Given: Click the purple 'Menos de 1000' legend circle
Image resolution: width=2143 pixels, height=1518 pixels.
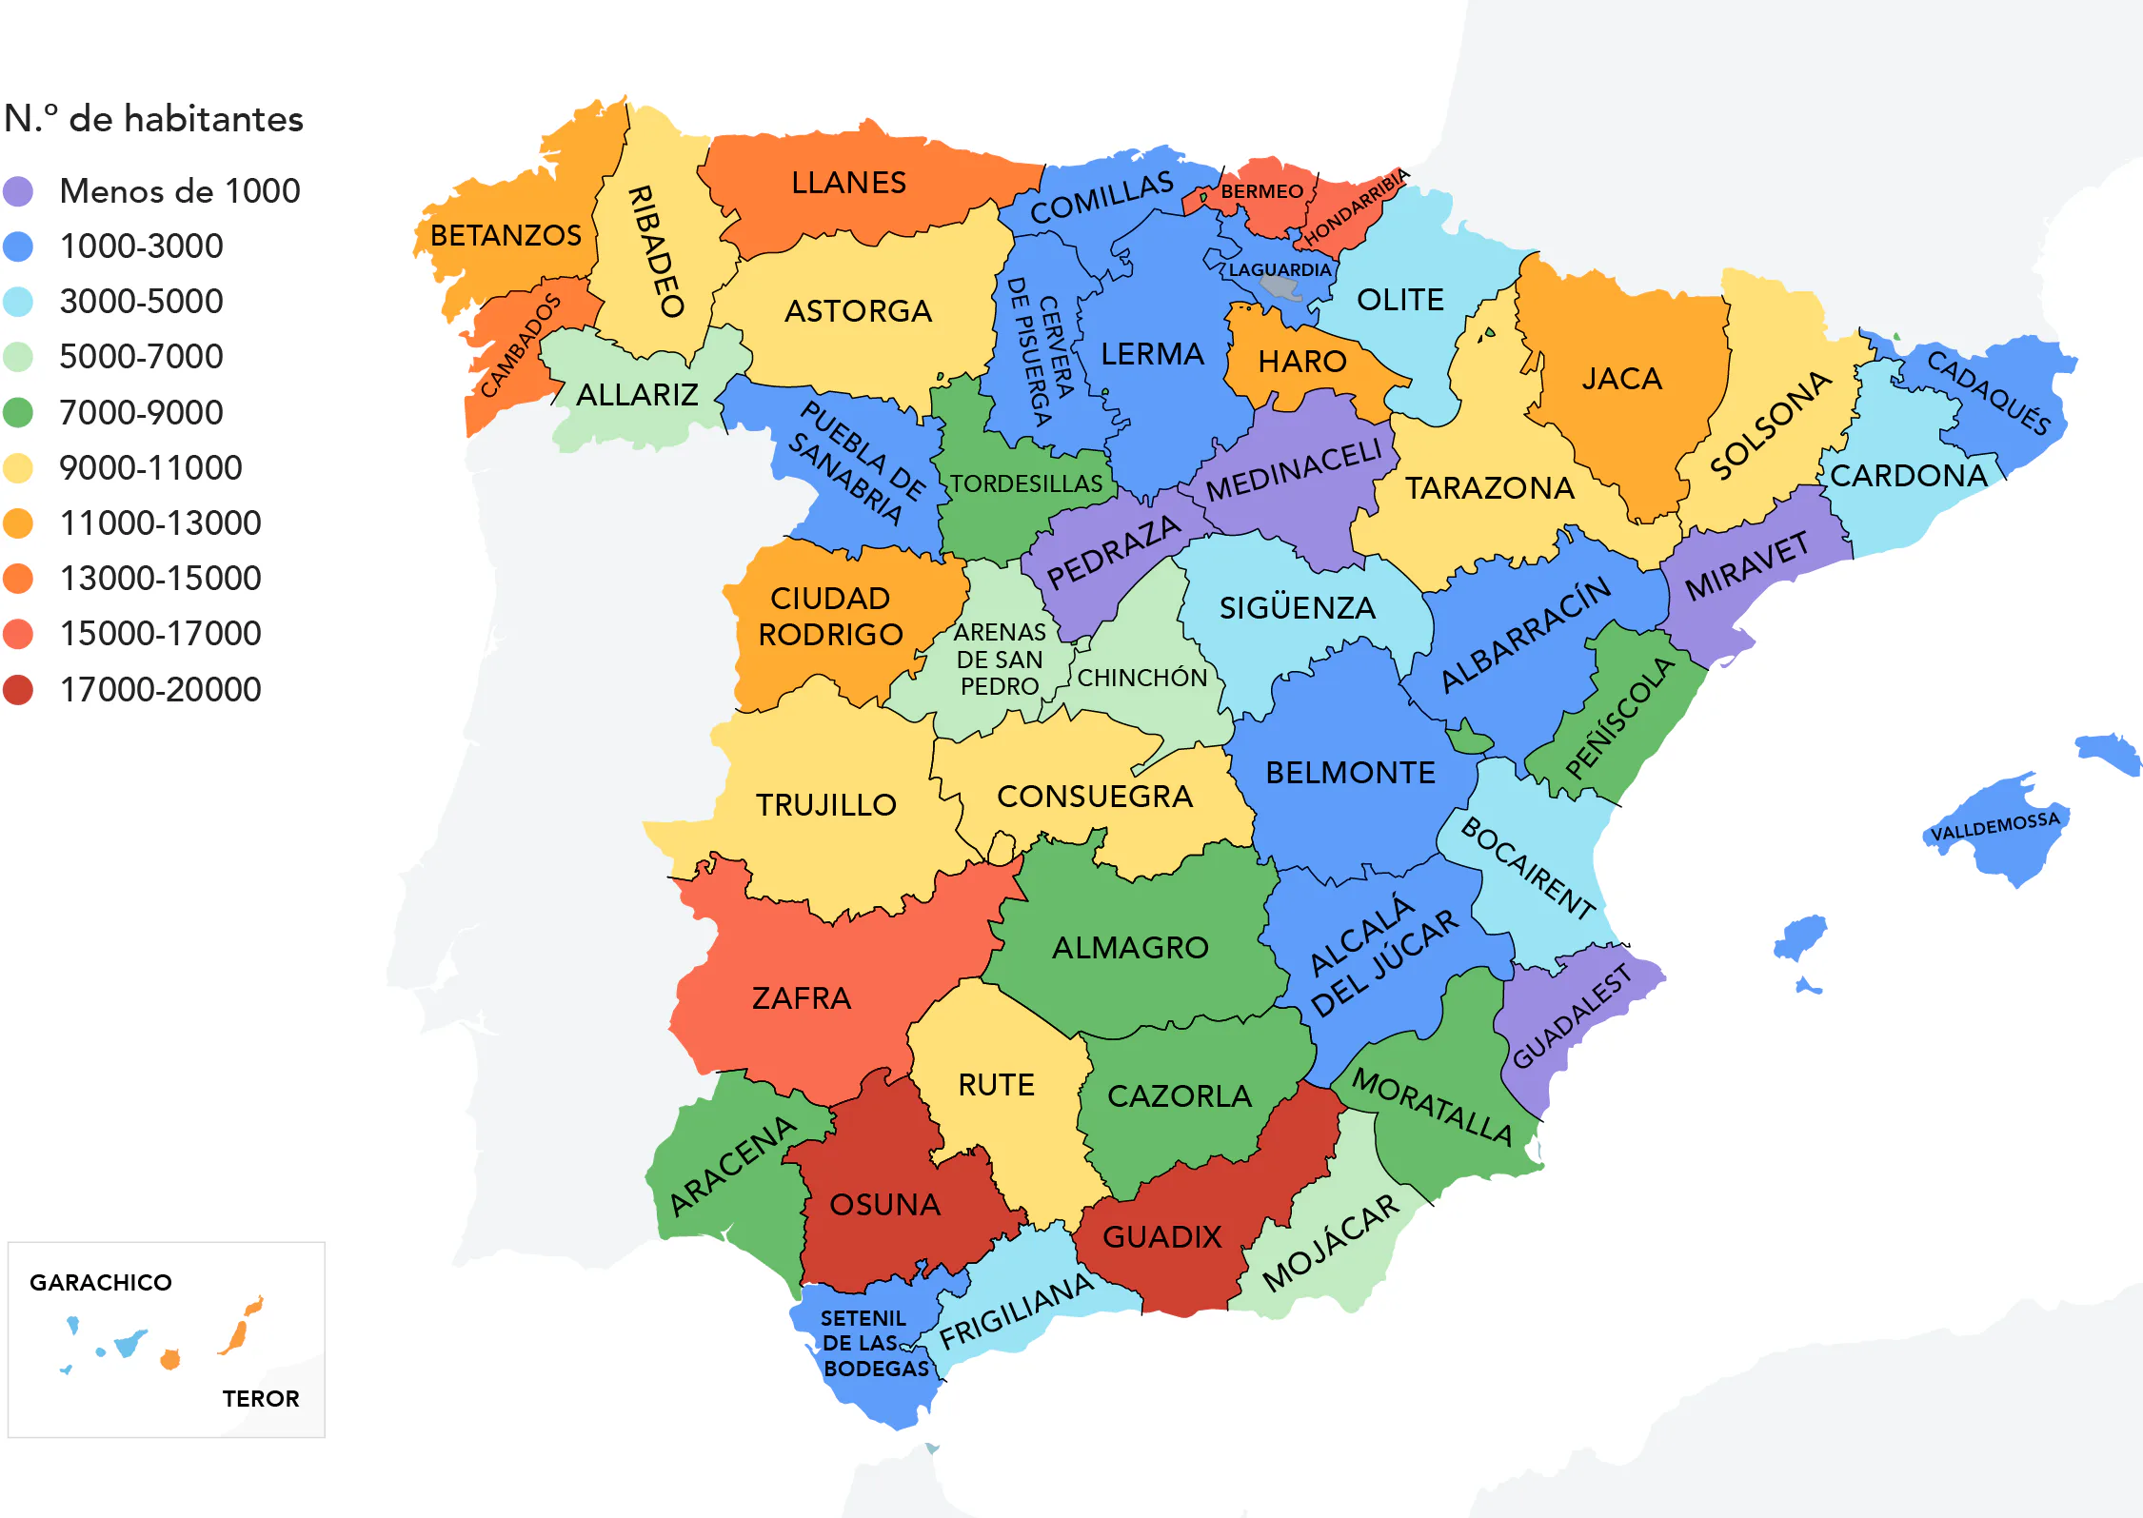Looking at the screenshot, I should (18, 191).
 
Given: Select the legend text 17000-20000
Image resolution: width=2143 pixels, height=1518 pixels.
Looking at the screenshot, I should (160, 689).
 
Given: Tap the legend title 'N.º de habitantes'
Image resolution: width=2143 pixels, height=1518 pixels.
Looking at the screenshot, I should (153, 119).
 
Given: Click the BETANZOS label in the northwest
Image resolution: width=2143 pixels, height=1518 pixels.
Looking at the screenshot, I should (506, 235).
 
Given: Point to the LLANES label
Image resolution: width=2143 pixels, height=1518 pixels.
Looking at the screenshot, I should (848, 183).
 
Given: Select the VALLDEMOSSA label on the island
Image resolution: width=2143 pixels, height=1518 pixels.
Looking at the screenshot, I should (1994, 827).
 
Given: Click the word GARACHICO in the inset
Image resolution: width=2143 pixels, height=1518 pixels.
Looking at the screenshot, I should (101, 1283).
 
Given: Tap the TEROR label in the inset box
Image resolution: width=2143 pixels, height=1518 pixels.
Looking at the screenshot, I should (261, 1398).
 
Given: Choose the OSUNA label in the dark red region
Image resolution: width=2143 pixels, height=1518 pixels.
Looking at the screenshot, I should (884, 1205).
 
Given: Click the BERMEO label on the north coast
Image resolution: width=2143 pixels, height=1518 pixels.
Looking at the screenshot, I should (1261, 191).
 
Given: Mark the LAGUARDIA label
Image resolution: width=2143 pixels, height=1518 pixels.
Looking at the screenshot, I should (1279, 270).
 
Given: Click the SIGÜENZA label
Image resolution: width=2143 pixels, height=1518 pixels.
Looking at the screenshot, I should (1298, 608).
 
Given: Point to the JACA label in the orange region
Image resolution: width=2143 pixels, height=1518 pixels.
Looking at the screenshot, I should (1621, 379).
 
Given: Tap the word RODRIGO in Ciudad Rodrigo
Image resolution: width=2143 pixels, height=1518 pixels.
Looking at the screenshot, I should (830, 635).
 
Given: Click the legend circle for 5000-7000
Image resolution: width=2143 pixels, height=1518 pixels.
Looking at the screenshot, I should (18, 357).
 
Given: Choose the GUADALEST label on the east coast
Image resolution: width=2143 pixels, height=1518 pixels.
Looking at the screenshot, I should (1573, 1015).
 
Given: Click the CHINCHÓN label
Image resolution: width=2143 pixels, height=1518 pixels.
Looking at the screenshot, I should (1141, 678).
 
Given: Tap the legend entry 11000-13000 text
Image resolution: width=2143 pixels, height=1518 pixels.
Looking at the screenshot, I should (160, 522).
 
